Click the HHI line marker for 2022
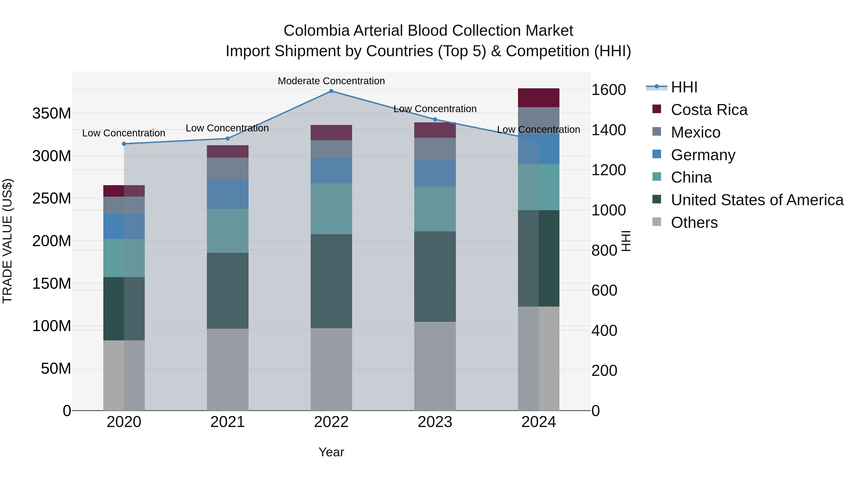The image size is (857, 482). pos(331,91)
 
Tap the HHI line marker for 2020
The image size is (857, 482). pos(124,144)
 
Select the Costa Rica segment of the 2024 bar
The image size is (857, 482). pos(539,98)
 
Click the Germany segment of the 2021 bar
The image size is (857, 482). pos(228,194)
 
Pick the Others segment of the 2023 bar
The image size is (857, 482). pos(435,366)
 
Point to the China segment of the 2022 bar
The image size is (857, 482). pos(331,209)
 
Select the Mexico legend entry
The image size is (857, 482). pos(695,132)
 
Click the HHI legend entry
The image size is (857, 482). pos(684,87)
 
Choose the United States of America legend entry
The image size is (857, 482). pos(757,200)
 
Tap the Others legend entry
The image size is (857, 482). pos(694,223)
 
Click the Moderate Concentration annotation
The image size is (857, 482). pos(331,81)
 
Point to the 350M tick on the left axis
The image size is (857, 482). pos(52,114)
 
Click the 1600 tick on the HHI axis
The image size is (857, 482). pos(608,90)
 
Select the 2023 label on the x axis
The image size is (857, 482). pos(435,422)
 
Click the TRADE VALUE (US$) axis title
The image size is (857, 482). pos(7,241)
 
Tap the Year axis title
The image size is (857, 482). pos(331,452)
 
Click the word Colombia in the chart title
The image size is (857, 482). pos(316,31)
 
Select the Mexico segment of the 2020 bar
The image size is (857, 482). pos(124,205)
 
